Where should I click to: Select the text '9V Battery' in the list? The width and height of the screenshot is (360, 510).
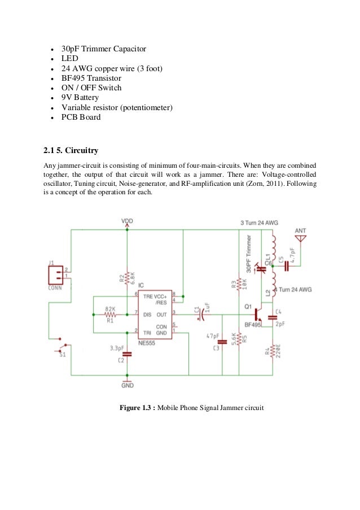(x=80, y=98)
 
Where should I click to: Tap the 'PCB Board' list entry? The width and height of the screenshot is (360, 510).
(x=81, y=117)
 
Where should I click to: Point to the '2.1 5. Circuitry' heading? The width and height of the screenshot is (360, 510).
(x=71, y=151)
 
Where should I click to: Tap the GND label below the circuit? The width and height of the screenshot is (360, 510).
(x=128, y=385)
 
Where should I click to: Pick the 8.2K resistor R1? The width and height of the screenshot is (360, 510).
(x=111, y=314)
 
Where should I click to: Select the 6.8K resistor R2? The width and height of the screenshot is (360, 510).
(x=128, y=277)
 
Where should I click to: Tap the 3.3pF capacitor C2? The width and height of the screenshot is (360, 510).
(x=127, y=354)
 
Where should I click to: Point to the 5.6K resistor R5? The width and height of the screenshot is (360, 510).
(x=239, y=340)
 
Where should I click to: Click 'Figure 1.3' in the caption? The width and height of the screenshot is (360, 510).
(x=137, y=408)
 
